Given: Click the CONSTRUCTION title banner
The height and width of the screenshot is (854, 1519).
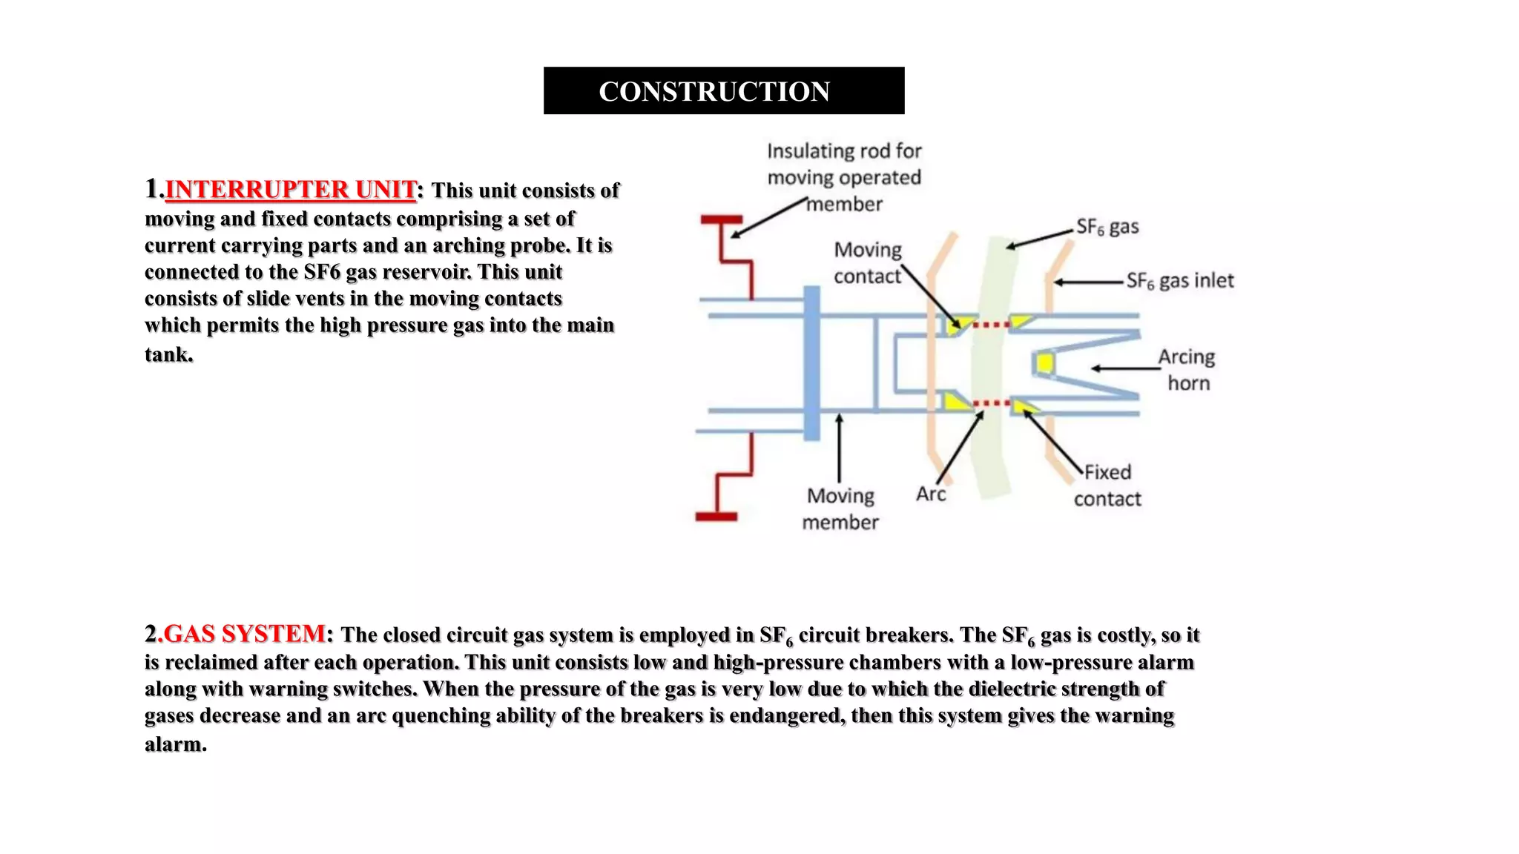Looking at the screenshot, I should [x=723, y=90].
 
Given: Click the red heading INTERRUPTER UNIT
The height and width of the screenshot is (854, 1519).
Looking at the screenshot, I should [x=290, y=190].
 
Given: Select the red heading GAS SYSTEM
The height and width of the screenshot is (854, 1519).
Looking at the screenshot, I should [x=244, y=634].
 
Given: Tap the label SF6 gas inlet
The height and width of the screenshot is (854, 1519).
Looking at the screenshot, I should [x=1179, y=281].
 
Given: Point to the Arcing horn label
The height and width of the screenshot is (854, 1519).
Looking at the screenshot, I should [x=1187, y=370].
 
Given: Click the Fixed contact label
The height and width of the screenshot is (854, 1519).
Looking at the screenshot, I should [x=1107, y=486].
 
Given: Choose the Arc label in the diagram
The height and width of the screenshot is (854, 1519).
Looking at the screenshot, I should [x=930, y=494].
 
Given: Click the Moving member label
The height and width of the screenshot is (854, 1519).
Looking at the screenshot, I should [x=840, y=509].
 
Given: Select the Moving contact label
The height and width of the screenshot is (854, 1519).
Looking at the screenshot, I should [x=867, y=263].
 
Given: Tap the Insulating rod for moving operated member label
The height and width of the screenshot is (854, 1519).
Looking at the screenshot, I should [x=844, y=178].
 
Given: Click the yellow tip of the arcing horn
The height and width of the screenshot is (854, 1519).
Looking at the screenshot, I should [x=1044, y=363].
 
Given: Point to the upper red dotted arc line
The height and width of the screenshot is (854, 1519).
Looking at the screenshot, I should [x=990, y=325].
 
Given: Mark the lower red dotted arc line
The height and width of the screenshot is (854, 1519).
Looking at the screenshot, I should [x=992, y=403].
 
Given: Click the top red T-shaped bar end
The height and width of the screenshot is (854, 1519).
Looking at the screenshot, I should [x=721, y=219].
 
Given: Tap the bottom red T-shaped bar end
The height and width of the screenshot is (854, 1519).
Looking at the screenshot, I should [x=716, y=517].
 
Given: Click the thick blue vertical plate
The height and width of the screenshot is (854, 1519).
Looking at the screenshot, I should [x=812, y=363].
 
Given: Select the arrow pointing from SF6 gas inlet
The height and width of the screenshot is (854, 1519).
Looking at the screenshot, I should [x=1088, y=282].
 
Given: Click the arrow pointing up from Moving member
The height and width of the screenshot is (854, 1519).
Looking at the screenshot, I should [x=839, y=448].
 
